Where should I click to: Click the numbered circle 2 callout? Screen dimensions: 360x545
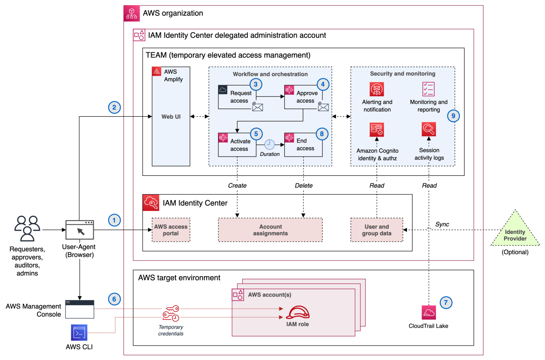click(x=114, y=108)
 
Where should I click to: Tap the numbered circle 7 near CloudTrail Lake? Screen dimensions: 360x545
click(x=446, y=303)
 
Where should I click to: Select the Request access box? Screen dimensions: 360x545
click(x=237, y=97)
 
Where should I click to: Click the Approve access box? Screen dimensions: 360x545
click(x=303, y=97)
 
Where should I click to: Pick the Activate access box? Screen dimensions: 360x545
click(x=237, y=145)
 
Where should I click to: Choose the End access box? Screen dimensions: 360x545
click(x=303, y=145)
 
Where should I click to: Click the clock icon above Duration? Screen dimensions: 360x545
click(x=270, y=144)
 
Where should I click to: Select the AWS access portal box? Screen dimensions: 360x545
click(x=171, y=230)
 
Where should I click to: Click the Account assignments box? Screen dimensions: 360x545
click(x=270, y=230)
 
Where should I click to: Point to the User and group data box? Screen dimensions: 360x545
click(x=377, y=230)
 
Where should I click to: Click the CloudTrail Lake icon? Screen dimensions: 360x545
click(x=428, y=312)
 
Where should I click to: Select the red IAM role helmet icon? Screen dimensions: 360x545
click(x=298, y=312)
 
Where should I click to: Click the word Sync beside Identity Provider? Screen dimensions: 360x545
click(x=442, y=224)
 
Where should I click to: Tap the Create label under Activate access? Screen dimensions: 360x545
click(x=237, y=186)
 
